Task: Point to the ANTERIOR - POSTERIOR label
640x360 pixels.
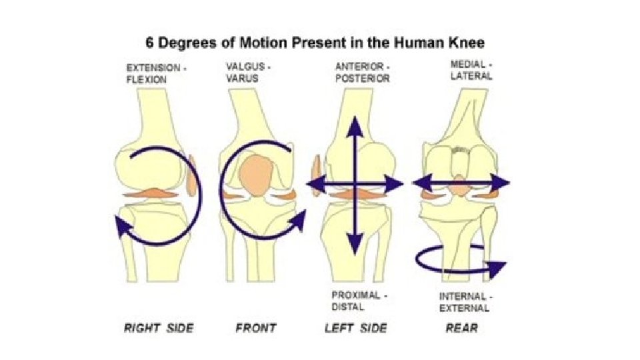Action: [362, 73]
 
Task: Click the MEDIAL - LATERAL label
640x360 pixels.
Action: [471, 70]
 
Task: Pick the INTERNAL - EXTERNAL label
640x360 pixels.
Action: [465, 302]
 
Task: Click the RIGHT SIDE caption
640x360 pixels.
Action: [159, 328]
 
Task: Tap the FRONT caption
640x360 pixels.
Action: [255, 328]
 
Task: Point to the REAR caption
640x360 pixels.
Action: [461, 328]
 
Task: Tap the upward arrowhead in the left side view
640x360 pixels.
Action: [355, 123]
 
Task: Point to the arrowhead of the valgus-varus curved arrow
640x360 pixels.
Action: [298, 220]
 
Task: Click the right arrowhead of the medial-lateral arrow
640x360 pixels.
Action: [503, 183]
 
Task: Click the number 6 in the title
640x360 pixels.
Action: [150, 42]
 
